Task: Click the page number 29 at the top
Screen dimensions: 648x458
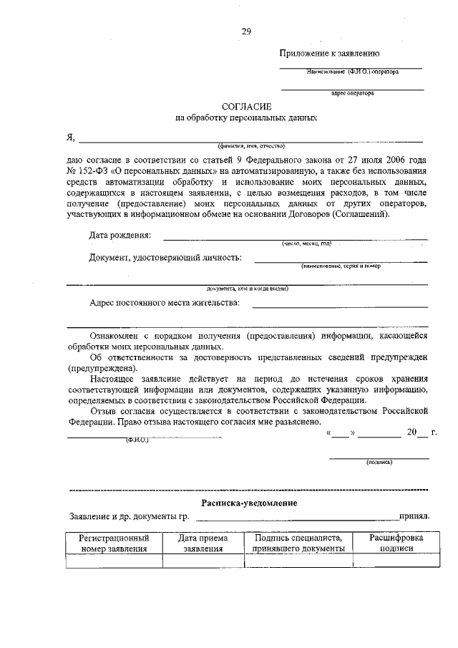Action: coord(246,31)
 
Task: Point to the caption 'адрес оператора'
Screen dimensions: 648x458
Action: coord(353,93)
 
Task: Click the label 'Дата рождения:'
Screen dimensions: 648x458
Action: coord(120,236)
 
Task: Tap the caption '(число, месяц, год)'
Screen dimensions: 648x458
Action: coord(306,243)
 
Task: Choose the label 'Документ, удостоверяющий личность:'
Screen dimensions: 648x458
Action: coord(165,258)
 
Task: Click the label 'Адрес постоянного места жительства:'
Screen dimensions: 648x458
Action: coord(165,303)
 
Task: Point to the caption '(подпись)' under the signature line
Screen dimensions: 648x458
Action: coord(379,463)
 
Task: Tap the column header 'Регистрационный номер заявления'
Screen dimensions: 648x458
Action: coord(114,543)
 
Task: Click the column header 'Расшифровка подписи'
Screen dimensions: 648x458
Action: coord(396,543)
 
